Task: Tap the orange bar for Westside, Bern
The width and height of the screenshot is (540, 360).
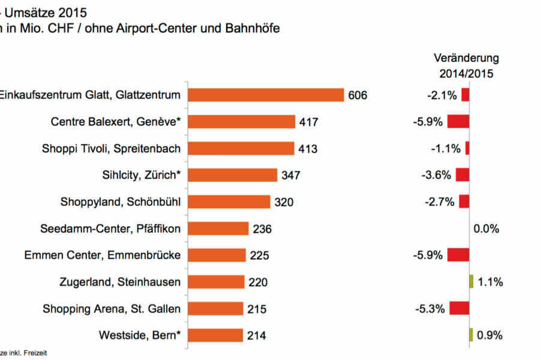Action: point(215,335)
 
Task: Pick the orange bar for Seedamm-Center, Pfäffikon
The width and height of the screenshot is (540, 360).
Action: point(218,229)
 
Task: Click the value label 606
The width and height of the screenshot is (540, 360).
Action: point(358,95)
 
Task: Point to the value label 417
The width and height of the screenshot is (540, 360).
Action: point(308,122)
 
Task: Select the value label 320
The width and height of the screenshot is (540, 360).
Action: point(284,202)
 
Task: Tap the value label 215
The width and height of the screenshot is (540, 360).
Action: point(256,309)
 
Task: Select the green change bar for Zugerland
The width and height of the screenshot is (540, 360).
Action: point(472,281)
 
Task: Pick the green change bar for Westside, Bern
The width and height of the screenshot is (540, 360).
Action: point(472,335)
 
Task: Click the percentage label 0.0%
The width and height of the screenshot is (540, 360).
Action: point(487,229)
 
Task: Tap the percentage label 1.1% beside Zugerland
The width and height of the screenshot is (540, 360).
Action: point(490,282)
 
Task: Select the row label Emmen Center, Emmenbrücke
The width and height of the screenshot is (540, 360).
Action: point(103,255)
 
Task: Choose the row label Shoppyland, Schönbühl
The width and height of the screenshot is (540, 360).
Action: point(121,202)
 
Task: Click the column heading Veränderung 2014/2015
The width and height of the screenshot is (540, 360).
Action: point(466,66)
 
